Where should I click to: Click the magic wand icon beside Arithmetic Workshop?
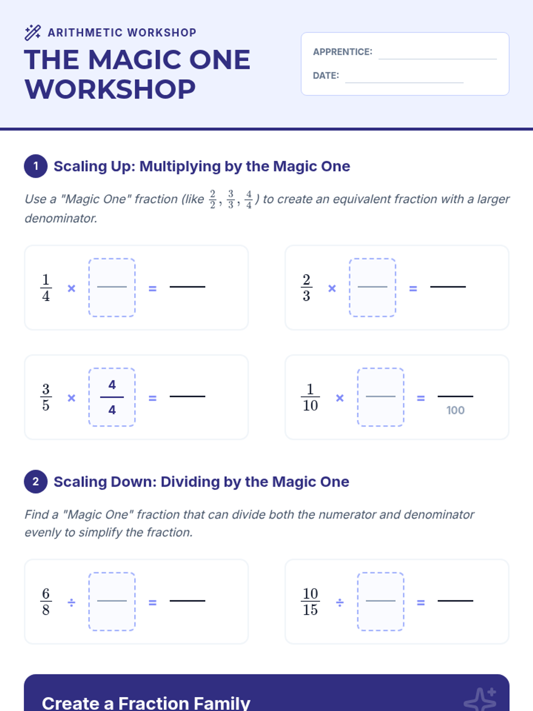pyautogui.click(x=33, y=32)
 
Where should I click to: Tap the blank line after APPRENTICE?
pyautogui.click(x=438, y=59)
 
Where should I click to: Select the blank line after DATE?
pyautogui.click(x=404, y=83)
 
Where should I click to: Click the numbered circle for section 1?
pyautogui.click(x=36, y=166)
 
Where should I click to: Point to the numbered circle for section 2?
pyautogui.click(x=36, y=482)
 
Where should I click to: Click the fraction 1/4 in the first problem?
pyautogui.click(x=46, y=288)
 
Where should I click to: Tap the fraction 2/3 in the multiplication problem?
pyautogui.click(x=306, y=288)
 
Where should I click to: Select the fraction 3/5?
pyautogui.click(x=46, y=397)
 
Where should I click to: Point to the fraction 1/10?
pyautogui.click(x=310, y=397)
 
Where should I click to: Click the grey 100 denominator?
pyautogui.click(x=455, y=411)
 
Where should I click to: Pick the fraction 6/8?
pyautogui.click(x=46, y=602)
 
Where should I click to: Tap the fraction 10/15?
pyautogui.click(x=310, y=602)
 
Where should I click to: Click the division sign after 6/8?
pyautogui.click(x=71, y=603)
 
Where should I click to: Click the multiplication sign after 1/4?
pyautogui.click(x=71, y=288)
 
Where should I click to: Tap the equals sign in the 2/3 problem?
pyautogui.click(x=413, y=288)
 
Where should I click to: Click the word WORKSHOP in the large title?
pyautogui.click(x=110, y=89)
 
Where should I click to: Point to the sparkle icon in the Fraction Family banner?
pyautogui.click(x=480, y=699)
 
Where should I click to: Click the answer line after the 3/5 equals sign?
pyautogui.click(x=187, y=396)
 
